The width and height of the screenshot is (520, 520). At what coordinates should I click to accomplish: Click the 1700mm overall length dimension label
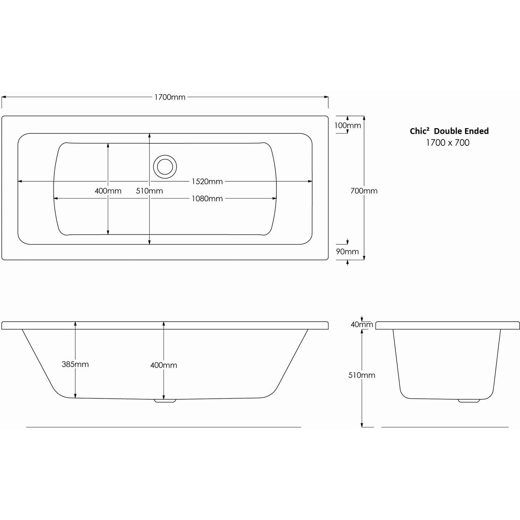point(170,97)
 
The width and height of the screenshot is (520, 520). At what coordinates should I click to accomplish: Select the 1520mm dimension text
point(207,182)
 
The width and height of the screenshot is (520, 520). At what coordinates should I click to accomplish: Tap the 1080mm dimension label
point(207,199)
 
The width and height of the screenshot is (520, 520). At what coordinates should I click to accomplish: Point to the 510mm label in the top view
point(149,191)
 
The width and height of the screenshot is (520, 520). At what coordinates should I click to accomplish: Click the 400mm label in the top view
point(108,191)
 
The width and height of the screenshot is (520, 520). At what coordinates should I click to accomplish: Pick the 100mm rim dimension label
point(348,126)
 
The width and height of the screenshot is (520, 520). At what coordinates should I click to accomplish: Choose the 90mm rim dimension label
point(347,251)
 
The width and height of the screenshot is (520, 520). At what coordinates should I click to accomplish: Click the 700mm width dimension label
point(364,191)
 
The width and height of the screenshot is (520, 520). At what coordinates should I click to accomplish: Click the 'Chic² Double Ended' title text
point(449,131)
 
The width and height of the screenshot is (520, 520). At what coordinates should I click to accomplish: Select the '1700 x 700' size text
point(448,143)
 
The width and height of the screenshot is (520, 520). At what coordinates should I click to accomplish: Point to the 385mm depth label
point(75,364)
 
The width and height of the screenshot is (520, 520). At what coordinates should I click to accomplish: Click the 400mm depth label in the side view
point(164,365)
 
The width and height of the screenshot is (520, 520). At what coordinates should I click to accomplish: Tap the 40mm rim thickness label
point(362,325)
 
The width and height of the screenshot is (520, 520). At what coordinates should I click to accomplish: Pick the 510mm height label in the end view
point(362,375)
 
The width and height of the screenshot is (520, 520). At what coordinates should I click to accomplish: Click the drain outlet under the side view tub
point(165,401)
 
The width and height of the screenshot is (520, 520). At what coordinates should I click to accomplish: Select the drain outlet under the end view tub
point(469,401)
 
